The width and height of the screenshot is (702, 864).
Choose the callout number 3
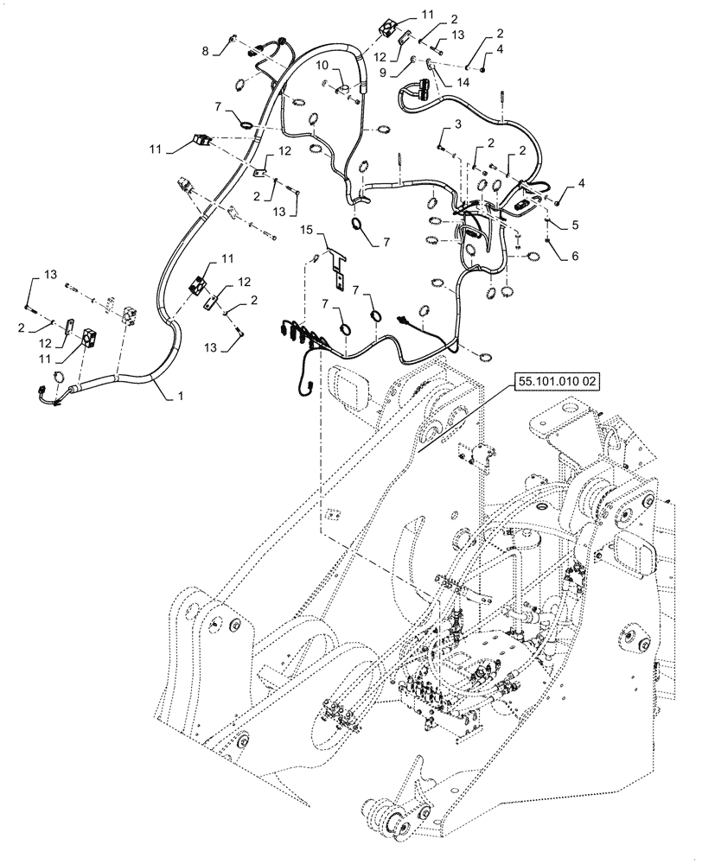coord(446,126)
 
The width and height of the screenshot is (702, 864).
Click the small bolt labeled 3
coord(441,149)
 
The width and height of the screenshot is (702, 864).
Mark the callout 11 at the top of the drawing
coord(429,14)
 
